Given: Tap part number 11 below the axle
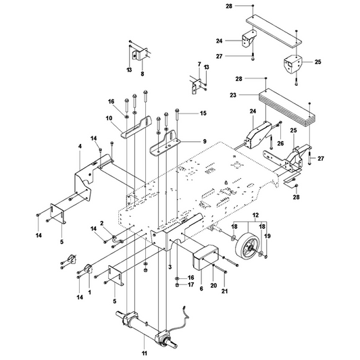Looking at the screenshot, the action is [x=144, y=353].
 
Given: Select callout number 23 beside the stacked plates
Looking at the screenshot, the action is [x=233, y=95].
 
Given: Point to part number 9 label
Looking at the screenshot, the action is [x=205, y=141].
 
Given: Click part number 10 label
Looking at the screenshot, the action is [x=109, y=118].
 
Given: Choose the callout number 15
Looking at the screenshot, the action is [x=203, y=113].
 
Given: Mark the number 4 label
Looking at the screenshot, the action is [x=80, y=146].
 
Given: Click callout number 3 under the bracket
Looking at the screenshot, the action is [x=170, y=267].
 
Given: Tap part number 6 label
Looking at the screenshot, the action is [x=201, y=288].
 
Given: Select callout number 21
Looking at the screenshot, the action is [x=224, y=291].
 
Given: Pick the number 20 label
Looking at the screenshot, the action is [x=213, y=286].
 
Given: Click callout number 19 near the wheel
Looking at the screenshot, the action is [x=267, y=236].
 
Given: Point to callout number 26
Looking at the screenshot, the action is [x=280, y=143].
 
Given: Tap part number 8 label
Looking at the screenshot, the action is [x=143, y=74].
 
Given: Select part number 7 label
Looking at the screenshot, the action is [x=199, y=64].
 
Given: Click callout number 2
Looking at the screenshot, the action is [x=102, y=222].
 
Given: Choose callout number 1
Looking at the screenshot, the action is [x=90, y=292].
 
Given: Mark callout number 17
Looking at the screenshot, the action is [x=190, y=284].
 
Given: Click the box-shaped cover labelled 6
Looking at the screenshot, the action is [x=205, y=257].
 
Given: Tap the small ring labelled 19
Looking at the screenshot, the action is [x=266, y=256].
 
